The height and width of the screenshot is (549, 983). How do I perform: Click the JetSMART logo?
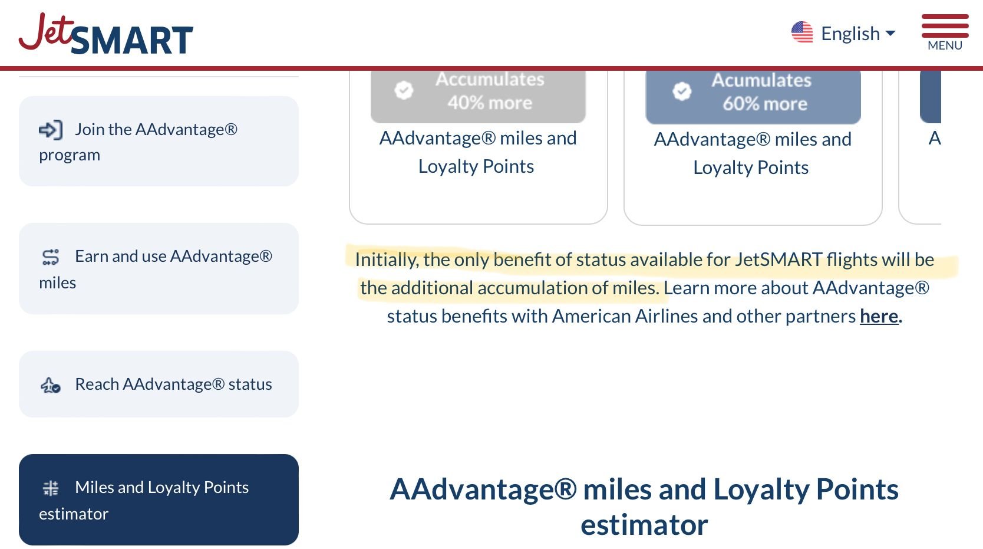[x=105, y=34]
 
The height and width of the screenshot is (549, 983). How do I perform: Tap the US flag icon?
[x=802, y=32]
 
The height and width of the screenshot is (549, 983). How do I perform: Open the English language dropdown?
[x=857, y=34]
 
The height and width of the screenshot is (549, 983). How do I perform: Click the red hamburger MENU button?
[x=945, y=32]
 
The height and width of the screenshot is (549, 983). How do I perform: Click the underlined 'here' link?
[x=879, y=316]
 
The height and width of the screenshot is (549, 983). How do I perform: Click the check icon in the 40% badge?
[x=404, y=90]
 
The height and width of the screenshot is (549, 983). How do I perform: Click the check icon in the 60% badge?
[x=682, y=91]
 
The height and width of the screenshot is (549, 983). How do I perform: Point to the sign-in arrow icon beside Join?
[x=51, y=130]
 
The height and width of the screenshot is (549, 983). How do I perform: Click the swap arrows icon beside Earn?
[x=51, y=257]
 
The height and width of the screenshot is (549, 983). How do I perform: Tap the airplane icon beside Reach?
[x=51, y=385]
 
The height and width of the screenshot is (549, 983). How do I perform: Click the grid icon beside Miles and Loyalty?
[x=51, y=488]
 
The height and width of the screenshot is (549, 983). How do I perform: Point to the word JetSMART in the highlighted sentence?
[x=778, y=259]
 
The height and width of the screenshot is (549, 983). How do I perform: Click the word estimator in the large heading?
[x=644, y=525]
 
